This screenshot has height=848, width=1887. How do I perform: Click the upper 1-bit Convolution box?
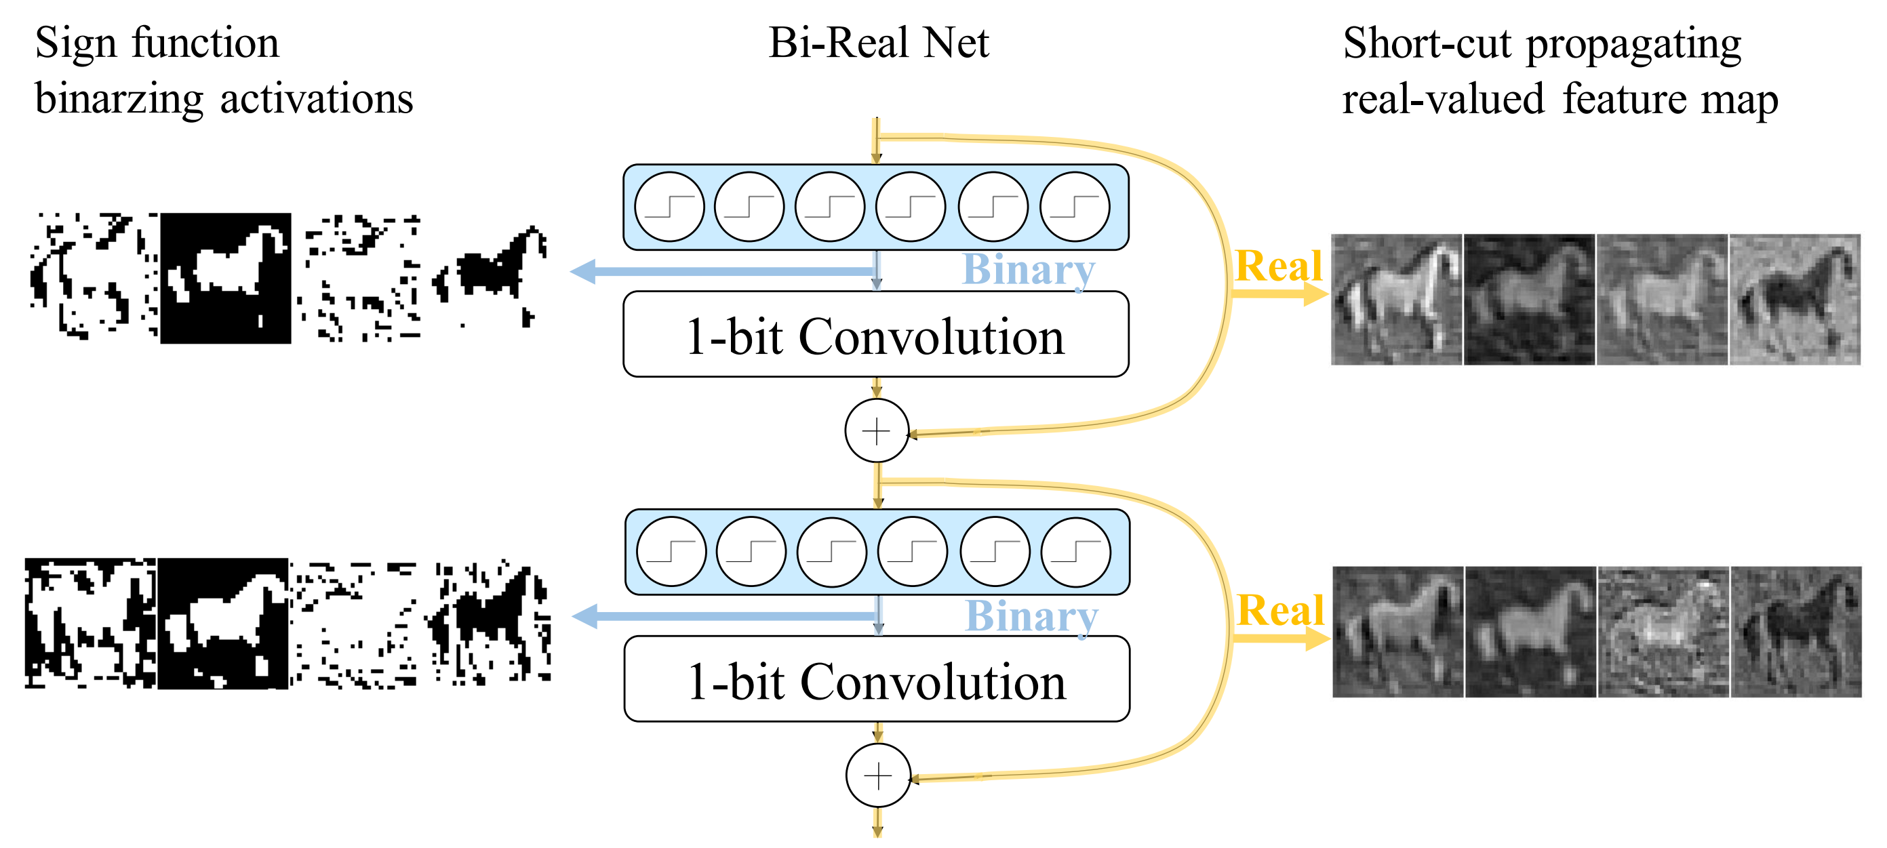pyautogui.click(x=875, y=335)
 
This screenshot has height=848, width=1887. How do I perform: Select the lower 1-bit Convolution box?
pyautogui.click(x=877, y=680)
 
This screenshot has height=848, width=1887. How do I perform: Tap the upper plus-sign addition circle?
pyautogui.click(x=876, y=431)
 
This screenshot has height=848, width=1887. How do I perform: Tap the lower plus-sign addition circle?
pyautogui.click(x=877, y=775)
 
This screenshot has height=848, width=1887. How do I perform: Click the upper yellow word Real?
pyautogui.click(x=1278, y=266)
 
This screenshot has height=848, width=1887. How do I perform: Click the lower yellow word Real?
pyautogui.click(x=1280, y=611)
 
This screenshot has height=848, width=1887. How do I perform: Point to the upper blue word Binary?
pyautogui.click(x=1029, y=270)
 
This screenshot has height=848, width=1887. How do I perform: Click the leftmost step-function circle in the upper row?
pyautogui.click(x=669, y=207)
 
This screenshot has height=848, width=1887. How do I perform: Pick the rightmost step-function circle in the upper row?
pyautogui.click(x=1075, y=207)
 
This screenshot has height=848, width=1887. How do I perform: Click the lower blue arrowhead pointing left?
pyautogui.click(x=585, y=617)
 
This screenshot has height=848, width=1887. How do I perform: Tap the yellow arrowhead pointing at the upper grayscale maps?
pyautogui.click(x=1316, y=294)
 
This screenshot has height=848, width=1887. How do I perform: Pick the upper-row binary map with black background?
pyautogui.click(x=226, y=279)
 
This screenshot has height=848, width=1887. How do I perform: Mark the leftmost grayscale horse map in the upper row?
pyautogui.click(x=1396, y=300)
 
